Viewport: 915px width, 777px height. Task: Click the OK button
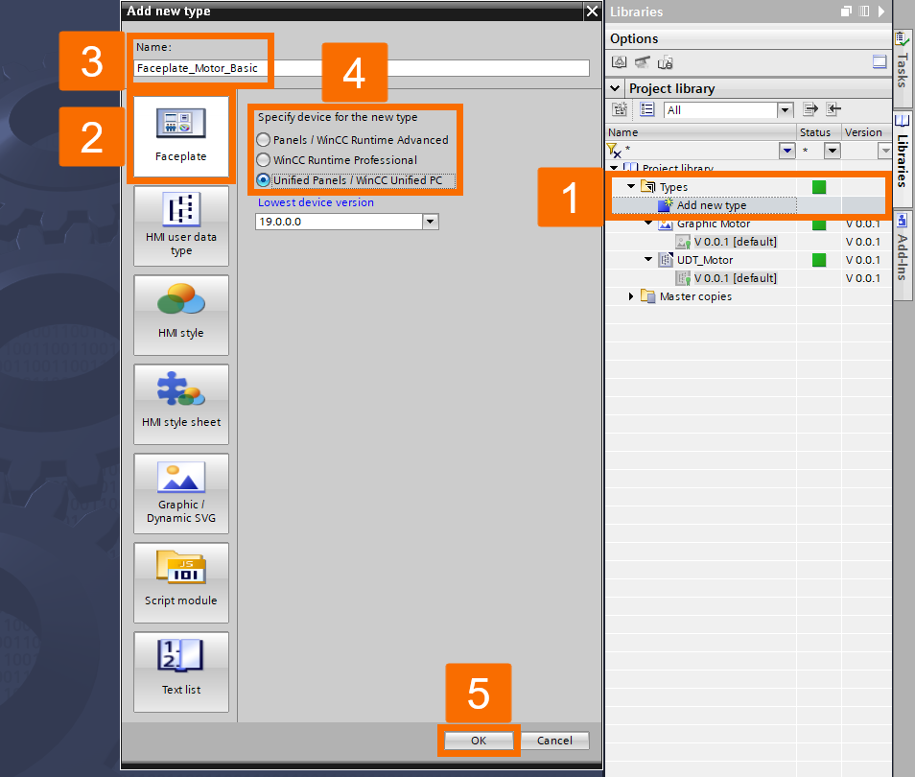coord(479,741)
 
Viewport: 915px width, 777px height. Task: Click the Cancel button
coord(554,741)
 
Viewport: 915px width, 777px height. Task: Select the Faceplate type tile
coord(181,136)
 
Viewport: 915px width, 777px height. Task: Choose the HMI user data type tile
coord(181,225)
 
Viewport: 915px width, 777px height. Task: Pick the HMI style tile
coord(181,315)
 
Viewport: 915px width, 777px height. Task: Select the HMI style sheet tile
coord(181,404)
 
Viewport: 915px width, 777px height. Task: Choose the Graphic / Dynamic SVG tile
coord(181,493)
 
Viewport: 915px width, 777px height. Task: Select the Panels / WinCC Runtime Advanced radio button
coord(264,140)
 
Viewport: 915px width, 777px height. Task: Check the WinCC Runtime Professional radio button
coord(264,160)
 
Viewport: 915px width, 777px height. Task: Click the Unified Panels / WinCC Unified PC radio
coord(264,180)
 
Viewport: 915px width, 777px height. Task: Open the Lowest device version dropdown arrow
coord(431,222)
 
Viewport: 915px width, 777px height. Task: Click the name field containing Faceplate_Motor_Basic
coord(362,68)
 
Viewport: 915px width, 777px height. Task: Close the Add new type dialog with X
coord(592,12)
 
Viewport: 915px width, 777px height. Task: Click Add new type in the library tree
coord(711,205)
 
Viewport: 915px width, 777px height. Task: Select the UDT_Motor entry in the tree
coord(705,260)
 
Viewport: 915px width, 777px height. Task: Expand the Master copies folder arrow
coord(631,296)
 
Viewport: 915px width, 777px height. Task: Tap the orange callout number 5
coord(478,695)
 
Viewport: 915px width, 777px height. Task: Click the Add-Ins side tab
coord(903,257)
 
